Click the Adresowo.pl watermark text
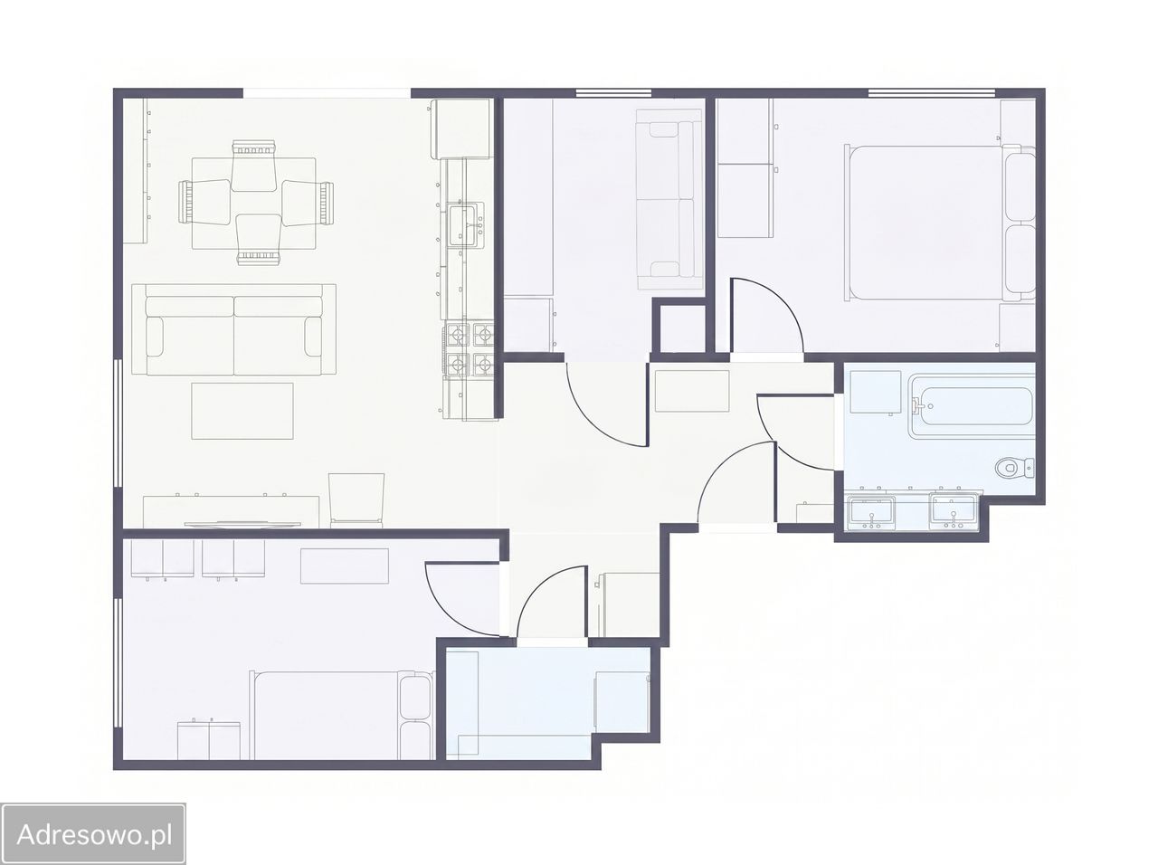[x=95, y=834]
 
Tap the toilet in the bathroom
[x=1014, y=467]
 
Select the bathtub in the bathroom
[x=972, y=406]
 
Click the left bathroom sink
[x=871, y=511]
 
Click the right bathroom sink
[x=953, y=509]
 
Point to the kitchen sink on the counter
[x=466, y=225]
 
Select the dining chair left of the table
[x=204, y=203]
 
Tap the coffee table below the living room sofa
[x=242, y=411]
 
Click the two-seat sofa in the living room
[x=233, y=329]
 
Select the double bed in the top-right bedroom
[x=940, y=223]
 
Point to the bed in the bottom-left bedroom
[x=342, y=715]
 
